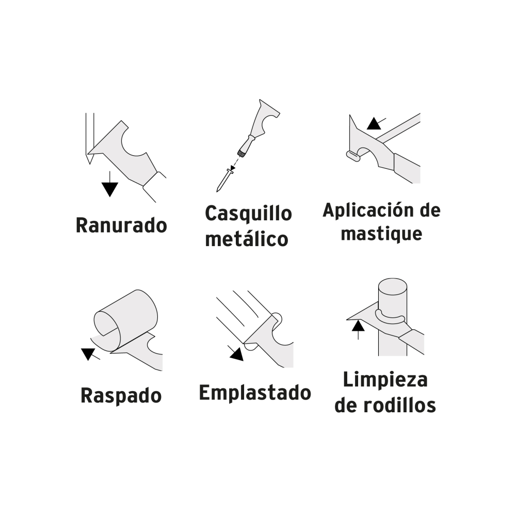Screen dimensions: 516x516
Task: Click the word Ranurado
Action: pos(121,225)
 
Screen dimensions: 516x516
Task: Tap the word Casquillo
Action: pos(248,213)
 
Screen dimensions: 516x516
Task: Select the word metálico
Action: pos(246,239)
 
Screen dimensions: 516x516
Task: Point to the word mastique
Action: pos(381,234)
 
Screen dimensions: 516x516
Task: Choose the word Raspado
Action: pos(121,396)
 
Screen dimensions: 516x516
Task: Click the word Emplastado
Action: pos(255,393)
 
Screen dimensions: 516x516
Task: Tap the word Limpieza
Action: pos(385,380)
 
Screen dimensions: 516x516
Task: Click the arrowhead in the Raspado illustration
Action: pos(88,353)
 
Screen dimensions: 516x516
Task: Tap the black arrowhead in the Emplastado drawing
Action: pos(236,354)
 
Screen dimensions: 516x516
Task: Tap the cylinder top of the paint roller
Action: pos(392,287)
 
